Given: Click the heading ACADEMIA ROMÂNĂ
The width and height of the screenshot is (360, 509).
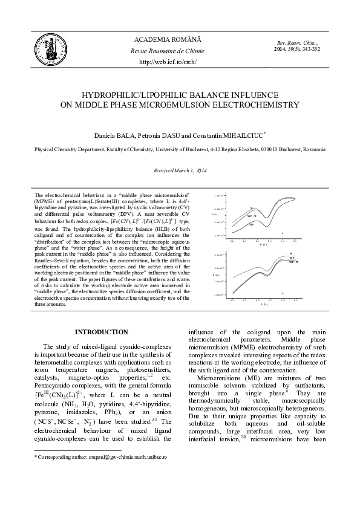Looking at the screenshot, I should (x=168, y=39).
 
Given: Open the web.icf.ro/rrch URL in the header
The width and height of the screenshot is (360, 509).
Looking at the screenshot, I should (x=168, y=62).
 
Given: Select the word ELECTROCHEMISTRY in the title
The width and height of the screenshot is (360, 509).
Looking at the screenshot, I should (x=240, y=105).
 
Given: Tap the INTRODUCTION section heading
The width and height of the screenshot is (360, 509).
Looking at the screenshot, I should (x=101, y=332).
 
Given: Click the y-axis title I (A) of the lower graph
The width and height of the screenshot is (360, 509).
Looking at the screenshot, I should (x=215, y=274).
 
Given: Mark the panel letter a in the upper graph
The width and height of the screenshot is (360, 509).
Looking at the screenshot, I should (x=282, y=233).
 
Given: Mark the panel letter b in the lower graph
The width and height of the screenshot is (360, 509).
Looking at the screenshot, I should (x=282, y=293).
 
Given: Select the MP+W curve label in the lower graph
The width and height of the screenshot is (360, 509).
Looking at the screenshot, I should (x=293, y=262).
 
